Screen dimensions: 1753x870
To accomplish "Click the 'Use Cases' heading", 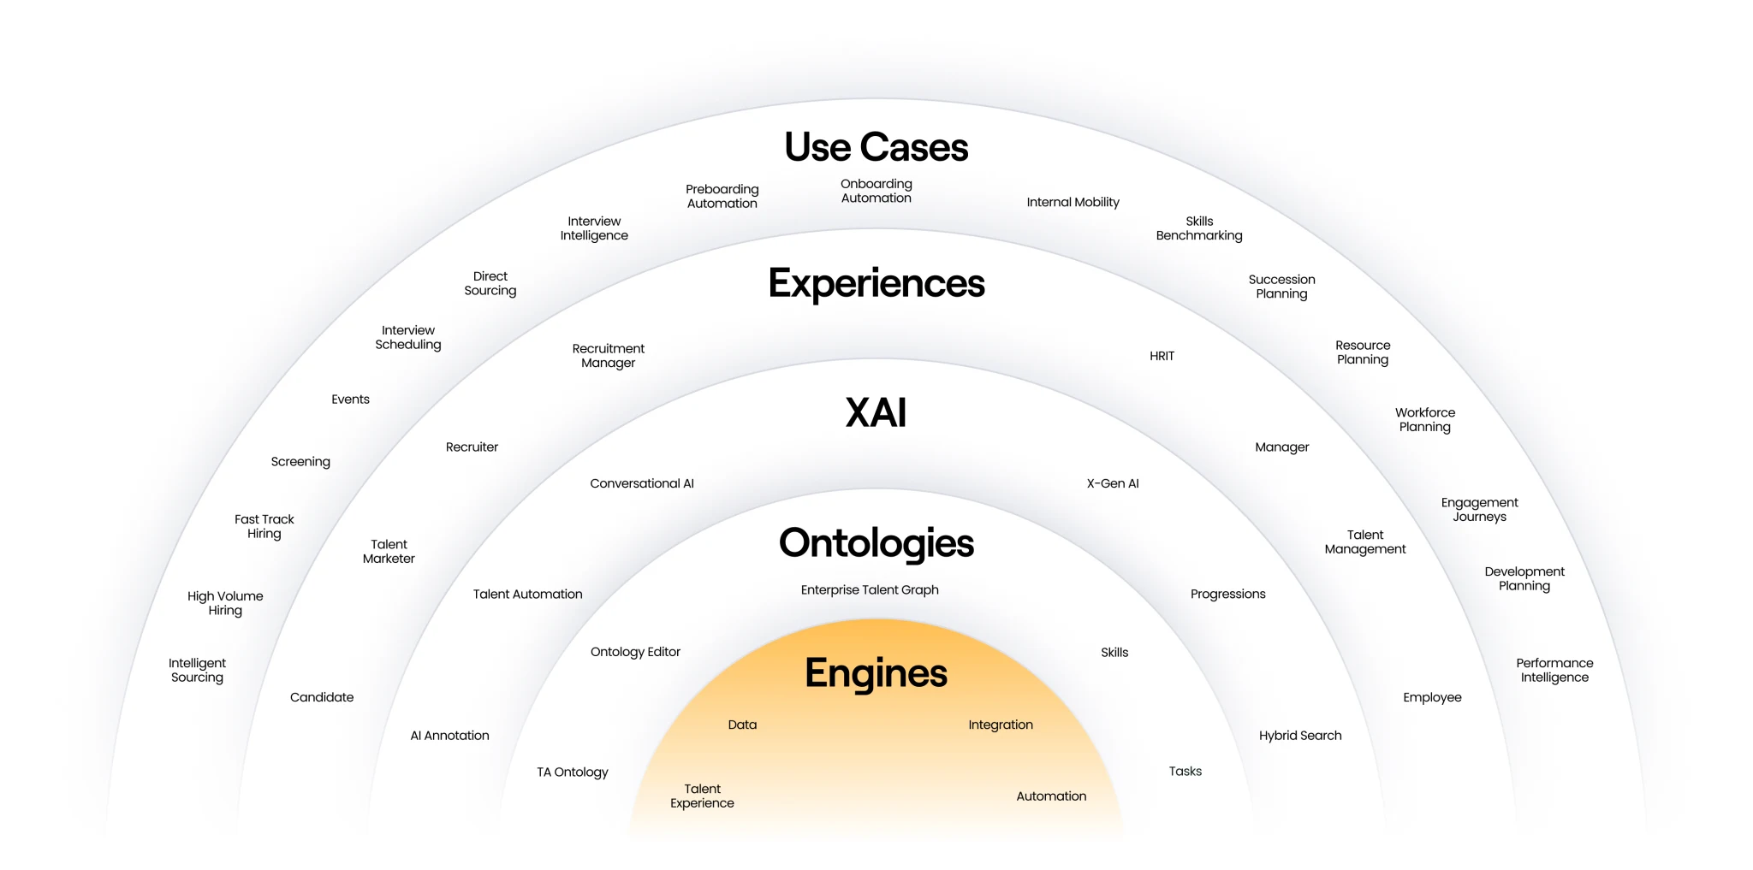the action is tap(876, 147).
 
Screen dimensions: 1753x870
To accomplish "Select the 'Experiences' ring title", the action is tap(876, 283).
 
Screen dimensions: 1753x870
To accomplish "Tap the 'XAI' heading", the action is tap(876, 412).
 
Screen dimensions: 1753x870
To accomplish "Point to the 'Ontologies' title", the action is tap(876, 543).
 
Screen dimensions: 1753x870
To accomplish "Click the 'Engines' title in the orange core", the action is tap(876, 673).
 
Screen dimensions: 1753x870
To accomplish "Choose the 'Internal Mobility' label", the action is tap(1073, 203).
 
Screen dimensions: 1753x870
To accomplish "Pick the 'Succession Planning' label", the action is tap(1281, 287).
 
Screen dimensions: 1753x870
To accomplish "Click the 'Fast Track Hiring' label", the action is tap(264, 526).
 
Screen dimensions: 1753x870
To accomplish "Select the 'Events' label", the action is tap(351, 399).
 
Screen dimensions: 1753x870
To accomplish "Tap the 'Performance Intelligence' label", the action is tap(1554, 670).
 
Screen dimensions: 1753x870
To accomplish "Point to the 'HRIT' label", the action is tap(1162, 356).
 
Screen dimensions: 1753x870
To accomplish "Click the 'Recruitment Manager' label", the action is tap(609, 356).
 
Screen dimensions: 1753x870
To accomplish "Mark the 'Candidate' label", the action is tap(322, 697).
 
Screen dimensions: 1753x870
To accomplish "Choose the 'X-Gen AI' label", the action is tap(1113, 483).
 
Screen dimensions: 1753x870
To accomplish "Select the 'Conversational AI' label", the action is tap(642, 483).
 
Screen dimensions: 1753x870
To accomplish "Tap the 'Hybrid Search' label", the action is tap(1300, 736).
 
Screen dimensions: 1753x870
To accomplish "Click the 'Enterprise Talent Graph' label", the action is tap(870, 590).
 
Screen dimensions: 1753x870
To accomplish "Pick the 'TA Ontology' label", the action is tap(573, 772).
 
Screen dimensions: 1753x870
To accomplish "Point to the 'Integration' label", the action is tap(1001, 725).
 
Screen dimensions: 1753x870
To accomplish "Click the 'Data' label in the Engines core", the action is tap(742, 725).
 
